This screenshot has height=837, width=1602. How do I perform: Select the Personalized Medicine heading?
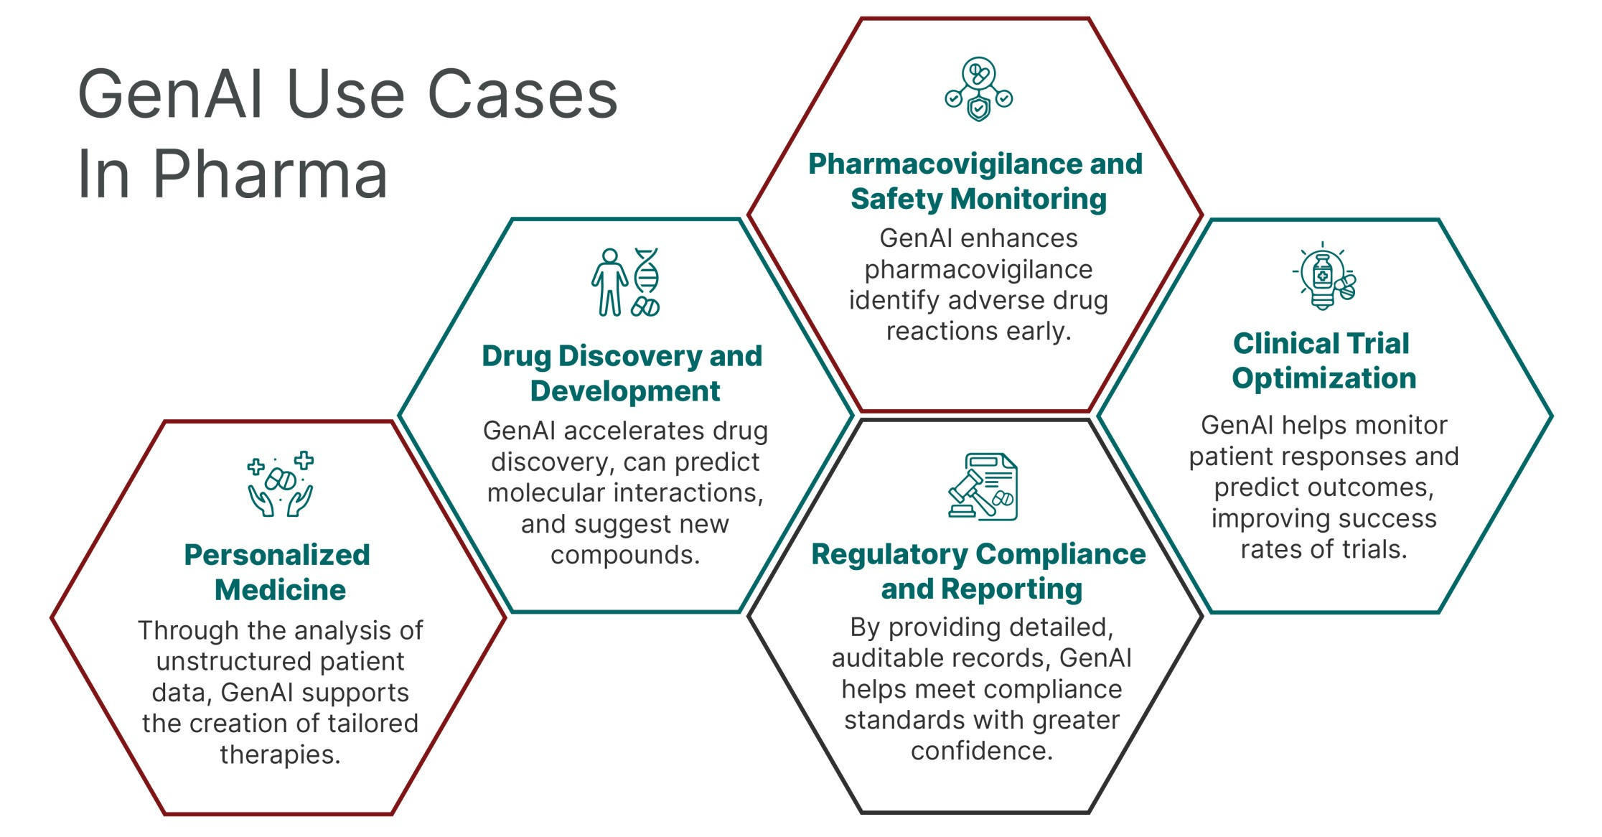click(278, 572)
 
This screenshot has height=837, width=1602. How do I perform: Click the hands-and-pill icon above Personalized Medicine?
click(281, 484)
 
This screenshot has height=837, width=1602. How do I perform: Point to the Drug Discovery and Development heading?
click(622, 373)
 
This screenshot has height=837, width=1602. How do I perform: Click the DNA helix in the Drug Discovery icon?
click(647, 271)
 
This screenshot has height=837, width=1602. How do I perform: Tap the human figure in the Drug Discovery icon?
click(609, 282)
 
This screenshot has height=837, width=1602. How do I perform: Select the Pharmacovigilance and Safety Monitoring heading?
click(976, 181)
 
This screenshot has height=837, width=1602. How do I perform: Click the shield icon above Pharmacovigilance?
click(978, 109)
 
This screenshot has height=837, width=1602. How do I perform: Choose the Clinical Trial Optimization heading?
click(1324, 360)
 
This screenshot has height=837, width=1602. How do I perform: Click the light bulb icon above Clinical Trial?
click(1324, 278)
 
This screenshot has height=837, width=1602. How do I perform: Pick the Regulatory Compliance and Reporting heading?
click(979, 571)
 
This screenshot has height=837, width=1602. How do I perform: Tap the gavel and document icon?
click(983, 486)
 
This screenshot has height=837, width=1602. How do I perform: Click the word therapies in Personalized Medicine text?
click(280, 754)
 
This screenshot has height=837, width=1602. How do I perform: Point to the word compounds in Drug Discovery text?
click(625, 555)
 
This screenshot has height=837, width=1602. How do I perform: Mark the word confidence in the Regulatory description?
click(982, 751)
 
